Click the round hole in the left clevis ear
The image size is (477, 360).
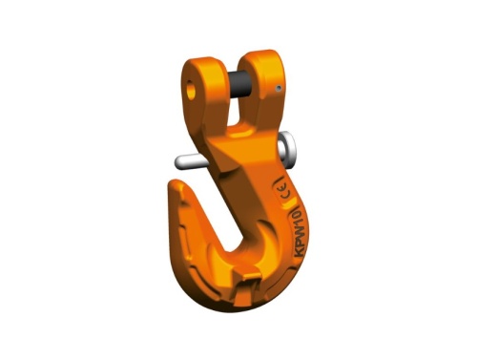click(x=191, y=90)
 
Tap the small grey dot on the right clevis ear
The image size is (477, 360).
click(x=279, y=88)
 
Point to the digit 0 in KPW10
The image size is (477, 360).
click(x=298, y=213)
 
